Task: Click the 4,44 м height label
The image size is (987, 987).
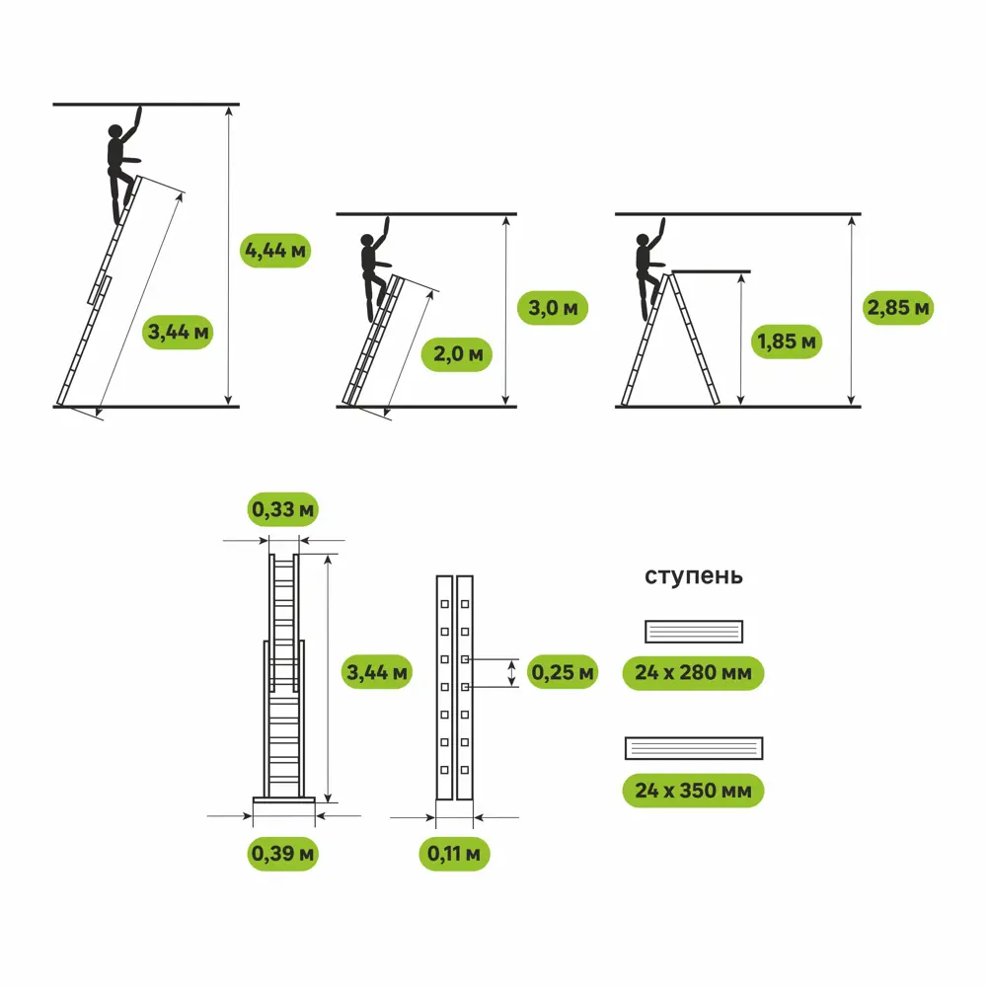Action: click(275, 251)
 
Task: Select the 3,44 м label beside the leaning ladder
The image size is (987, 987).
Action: click(178, 332)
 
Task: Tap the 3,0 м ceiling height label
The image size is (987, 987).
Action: click(554, 308)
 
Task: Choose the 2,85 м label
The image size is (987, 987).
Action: click(898, 308)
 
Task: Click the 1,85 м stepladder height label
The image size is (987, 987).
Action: click(786, 342)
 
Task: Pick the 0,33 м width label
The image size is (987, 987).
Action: click(281, 509)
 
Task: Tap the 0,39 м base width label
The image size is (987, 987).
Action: click(281, 852)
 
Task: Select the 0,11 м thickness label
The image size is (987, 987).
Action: click(455, 852)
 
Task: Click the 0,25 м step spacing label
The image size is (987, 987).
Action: click(563, 672)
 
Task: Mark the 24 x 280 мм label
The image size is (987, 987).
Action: click(693, 673)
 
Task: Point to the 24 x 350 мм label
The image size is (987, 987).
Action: click(693, 791)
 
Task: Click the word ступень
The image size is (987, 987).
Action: click(693, 576)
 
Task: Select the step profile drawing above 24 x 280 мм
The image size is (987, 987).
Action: click(693, 631)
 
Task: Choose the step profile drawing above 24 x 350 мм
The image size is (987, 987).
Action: click(695, 748)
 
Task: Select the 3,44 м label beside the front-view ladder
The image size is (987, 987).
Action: click(375, 672)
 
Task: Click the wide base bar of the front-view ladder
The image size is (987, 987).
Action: click(283, 800)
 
